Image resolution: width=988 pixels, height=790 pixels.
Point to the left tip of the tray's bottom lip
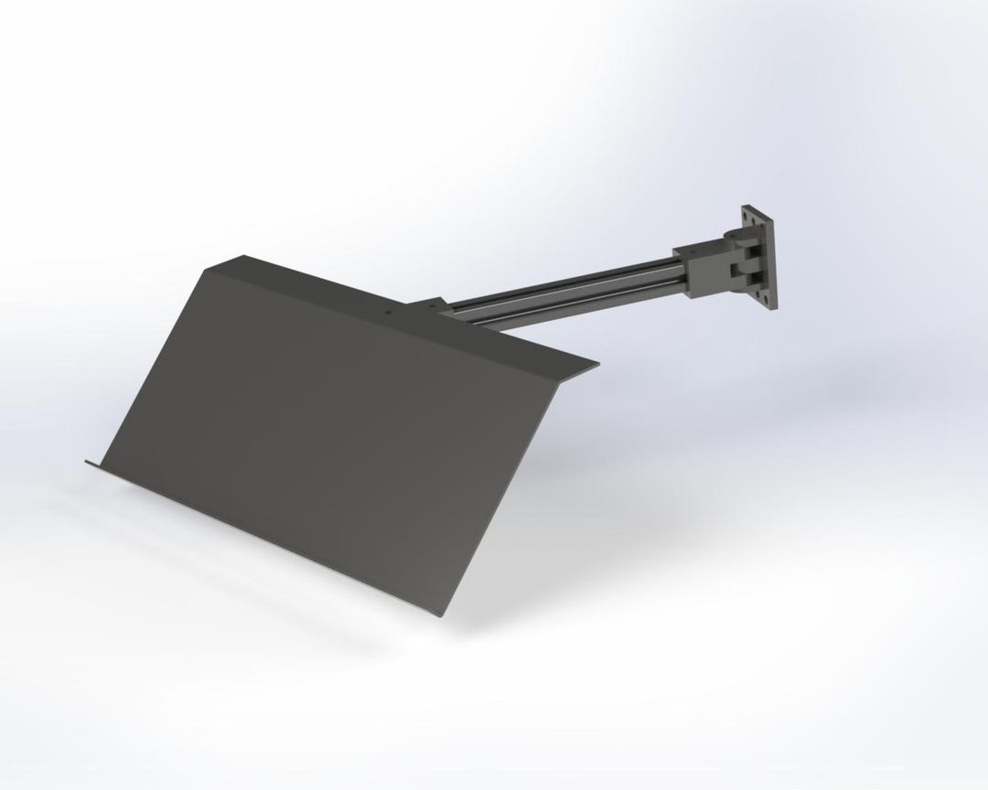pyautogui.click(x=87, y=462)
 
